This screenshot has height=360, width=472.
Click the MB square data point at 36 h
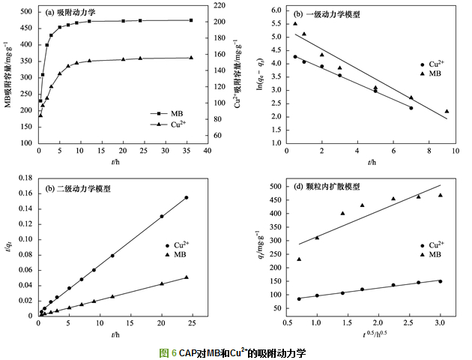191,20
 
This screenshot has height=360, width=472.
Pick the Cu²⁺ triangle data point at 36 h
191,58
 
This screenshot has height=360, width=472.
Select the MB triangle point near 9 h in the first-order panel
447,111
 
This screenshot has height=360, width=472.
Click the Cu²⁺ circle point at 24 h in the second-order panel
187,197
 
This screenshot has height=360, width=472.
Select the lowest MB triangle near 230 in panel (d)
299,259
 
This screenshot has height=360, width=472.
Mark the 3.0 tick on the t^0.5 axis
440,322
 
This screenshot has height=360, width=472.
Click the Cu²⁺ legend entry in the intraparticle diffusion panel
435,245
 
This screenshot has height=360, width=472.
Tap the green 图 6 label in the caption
168,352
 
